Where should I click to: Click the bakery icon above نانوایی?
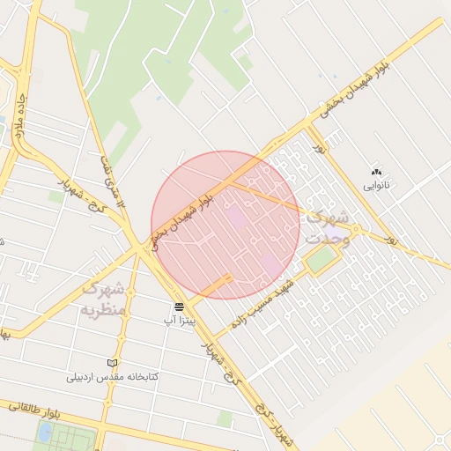click(377, 172)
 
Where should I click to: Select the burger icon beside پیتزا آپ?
click(180, 307)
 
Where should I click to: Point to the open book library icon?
click(112, 363)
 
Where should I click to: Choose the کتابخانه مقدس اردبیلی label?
click(113, 377)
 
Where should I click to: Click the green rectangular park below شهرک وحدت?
click(321, 259)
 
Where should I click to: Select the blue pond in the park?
click(45, 432)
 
